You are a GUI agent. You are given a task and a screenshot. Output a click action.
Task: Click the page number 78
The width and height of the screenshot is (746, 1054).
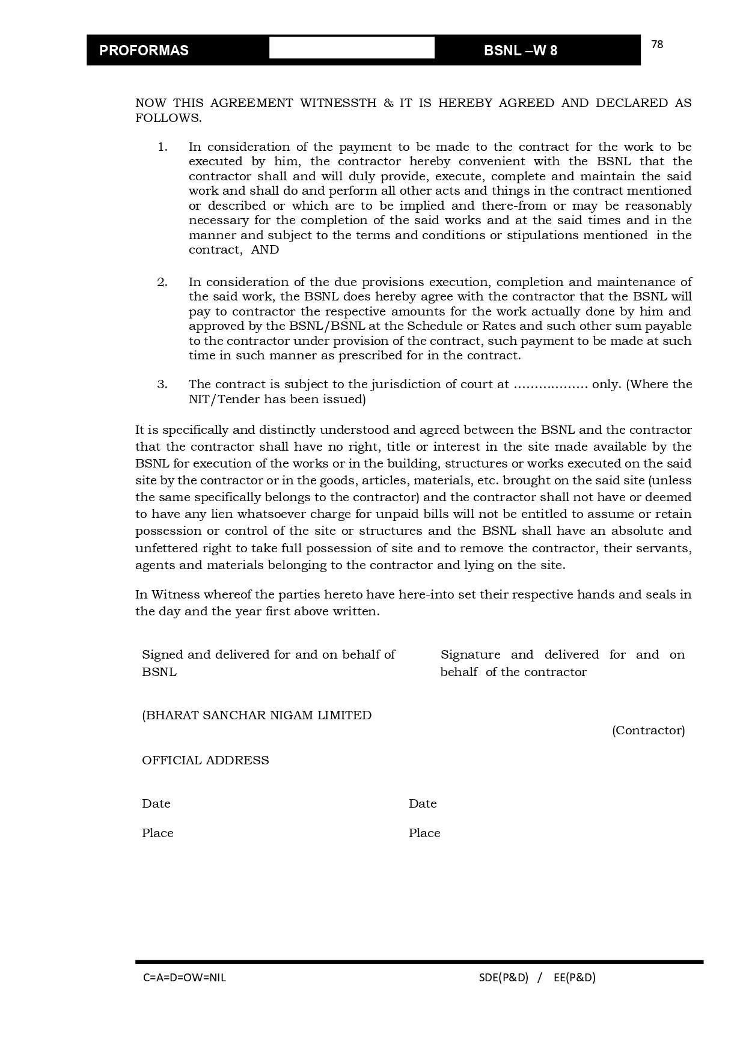coord(657,44)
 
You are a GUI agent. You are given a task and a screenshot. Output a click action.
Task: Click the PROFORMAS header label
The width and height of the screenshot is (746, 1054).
coord(144,50)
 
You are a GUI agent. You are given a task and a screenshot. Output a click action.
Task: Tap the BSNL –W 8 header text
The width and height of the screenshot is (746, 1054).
coord(520,50)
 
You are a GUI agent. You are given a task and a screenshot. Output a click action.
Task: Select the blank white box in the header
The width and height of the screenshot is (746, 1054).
coord(352,47)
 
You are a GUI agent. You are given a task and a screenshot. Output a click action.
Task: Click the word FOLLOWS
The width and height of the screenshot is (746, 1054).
coord(168,118)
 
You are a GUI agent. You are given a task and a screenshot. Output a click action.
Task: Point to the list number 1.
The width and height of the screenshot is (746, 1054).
coord(162,147)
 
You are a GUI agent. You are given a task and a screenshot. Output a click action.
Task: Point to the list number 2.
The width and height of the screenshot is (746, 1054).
coord(162,282)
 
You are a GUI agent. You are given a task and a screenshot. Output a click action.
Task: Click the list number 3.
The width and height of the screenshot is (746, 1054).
coord(162,385)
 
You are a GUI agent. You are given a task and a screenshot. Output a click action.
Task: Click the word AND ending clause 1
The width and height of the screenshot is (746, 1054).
coord(265,250)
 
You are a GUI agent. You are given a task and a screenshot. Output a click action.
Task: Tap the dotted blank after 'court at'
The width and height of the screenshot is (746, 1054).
coord(550,385)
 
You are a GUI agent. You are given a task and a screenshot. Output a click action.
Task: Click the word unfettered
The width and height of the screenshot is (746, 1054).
coord(165,548)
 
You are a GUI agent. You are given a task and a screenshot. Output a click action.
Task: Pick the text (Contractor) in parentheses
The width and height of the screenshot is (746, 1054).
coord(648,731)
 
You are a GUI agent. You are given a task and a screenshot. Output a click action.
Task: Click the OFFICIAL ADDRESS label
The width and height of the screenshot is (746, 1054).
coord(206,761)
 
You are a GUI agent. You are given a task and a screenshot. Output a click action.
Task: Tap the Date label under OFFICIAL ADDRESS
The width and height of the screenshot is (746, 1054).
coord(156,804)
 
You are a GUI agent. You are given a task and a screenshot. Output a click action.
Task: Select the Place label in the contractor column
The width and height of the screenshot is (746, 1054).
coord(424,833)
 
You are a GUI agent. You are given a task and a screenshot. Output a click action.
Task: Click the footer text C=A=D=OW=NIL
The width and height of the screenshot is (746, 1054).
coord(185,978)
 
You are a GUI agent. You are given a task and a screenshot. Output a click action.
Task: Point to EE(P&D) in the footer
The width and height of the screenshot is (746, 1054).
coord(575,978)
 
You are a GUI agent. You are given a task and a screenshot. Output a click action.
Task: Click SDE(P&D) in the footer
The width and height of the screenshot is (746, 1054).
coord(504,978)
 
